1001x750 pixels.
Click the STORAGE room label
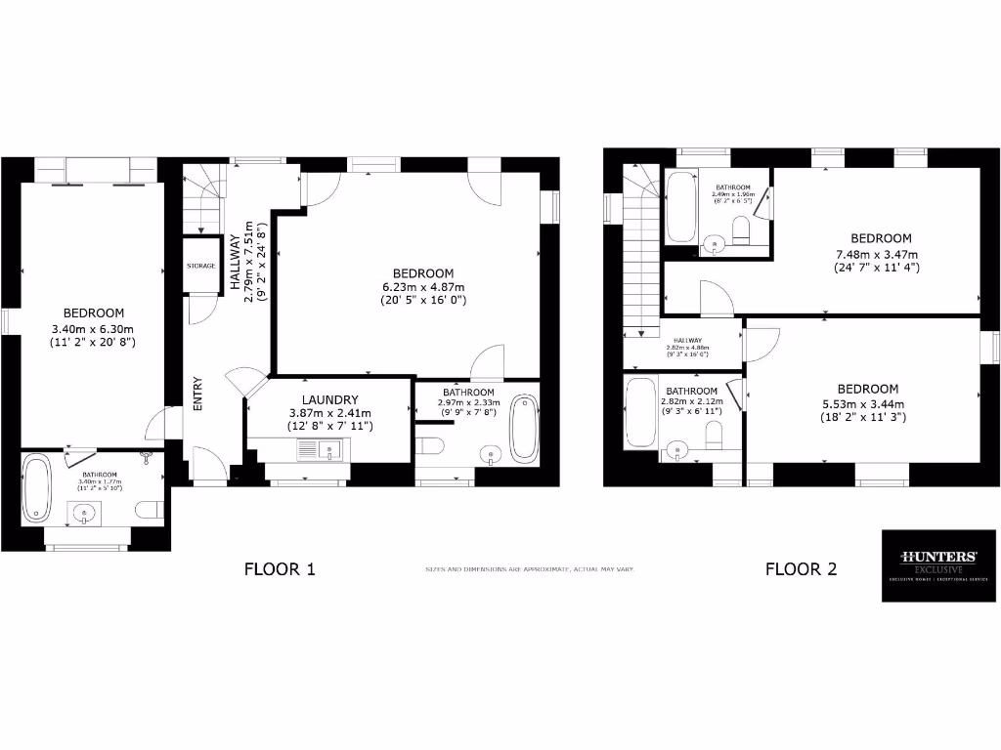(200, 266)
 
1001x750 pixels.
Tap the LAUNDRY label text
(329, 399)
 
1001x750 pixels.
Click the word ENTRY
(197, 394)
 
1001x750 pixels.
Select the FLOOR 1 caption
(280, 568)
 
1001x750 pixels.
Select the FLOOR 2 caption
(801, 568)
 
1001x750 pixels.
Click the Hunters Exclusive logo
(938, 566)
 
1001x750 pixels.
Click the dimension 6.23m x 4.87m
(423, 287)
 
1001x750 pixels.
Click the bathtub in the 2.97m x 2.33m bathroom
(524, 428)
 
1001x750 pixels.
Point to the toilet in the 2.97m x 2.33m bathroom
(430, 446)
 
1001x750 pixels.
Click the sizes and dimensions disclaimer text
(529, 568)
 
